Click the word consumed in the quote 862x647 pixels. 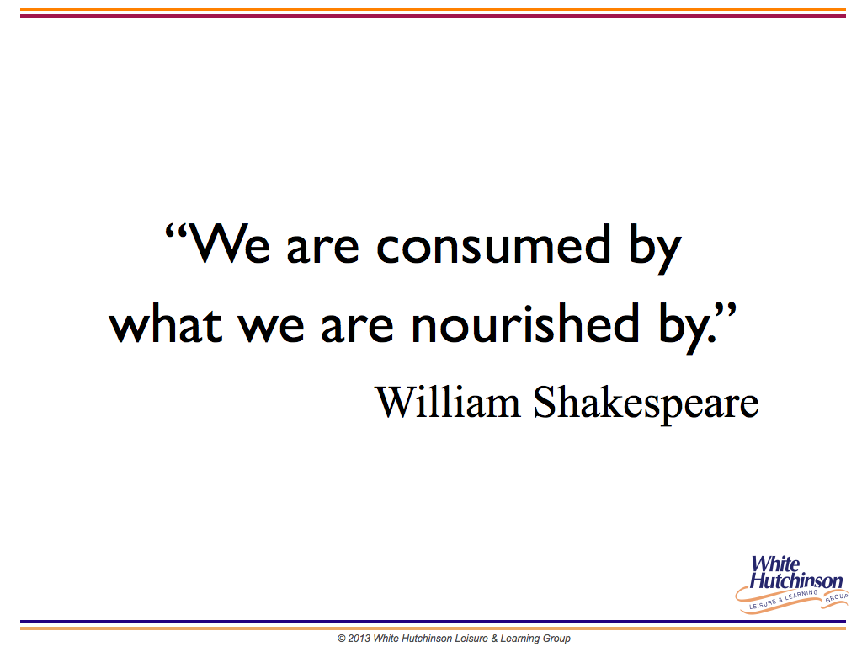493,243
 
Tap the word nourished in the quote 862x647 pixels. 525,323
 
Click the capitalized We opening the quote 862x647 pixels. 229,243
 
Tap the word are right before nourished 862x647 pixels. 357,328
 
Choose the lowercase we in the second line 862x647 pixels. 271,328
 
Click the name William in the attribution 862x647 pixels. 448,402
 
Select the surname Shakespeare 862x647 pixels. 646,405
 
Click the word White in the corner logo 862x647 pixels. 775,564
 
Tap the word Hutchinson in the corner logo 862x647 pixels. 796,580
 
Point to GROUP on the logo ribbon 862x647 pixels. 836,597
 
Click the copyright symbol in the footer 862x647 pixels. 342,639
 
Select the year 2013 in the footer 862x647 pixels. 359,639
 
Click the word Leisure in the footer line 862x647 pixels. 471,639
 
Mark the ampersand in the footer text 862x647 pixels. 493,639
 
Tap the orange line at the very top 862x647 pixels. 433,9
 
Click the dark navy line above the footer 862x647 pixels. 433,623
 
